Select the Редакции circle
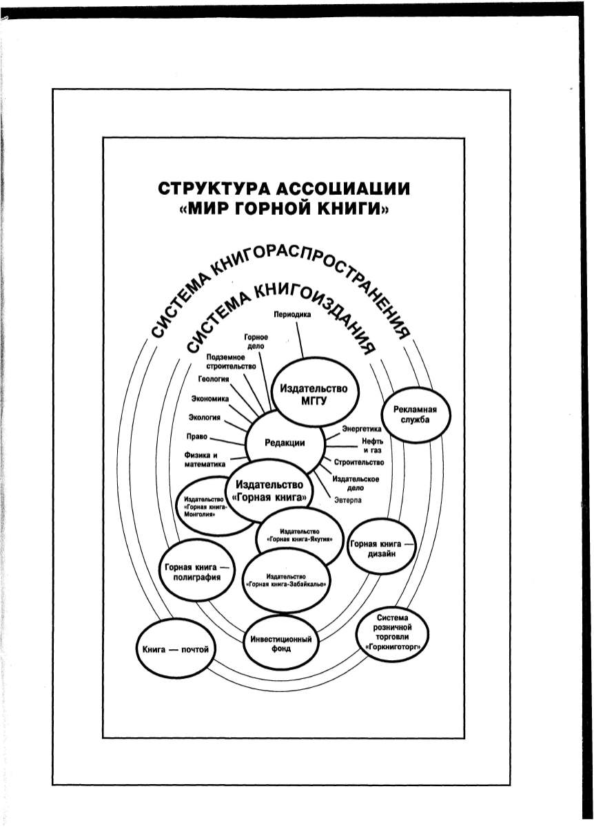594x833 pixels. [x=285, y=443]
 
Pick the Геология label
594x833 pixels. [x=214, y=379]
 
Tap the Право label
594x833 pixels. [x=196, y=436]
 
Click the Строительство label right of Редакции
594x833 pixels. [x=358, y=462]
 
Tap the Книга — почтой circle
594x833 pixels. [x=174, y=649]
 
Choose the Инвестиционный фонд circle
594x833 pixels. [x=278, y=644]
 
